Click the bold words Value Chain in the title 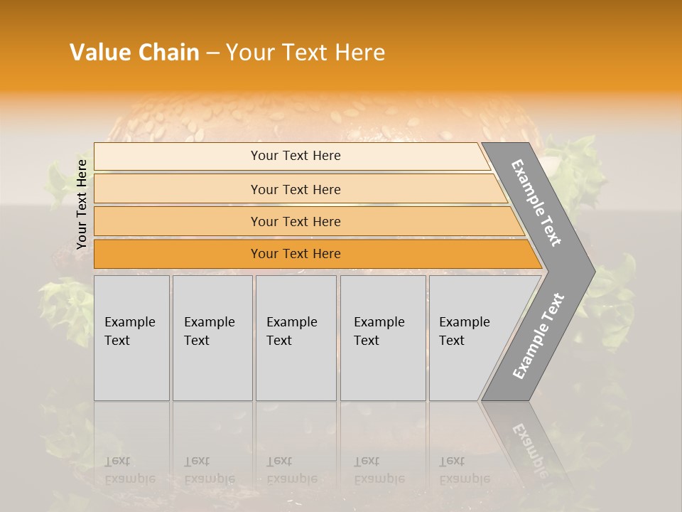click(134, 53)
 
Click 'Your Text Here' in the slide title click(305, 53)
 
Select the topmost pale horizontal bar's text click(296, 156)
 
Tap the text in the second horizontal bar click(296, 190)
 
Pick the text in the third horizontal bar click(296, 222)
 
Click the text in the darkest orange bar click(296, 254)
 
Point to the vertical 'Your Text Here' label click(82, 204)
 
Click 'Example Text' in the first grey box click(129, 331)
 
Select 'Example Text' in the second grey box click(209, 331)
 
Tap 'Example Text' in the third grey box click(291, 331)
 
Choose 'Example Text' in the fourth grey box click(379, 331)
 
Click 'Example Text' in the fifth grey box click(464, 331)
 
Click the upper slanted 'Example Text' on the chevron click(536, 203)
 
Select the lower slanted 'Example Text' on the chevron click(538, 336)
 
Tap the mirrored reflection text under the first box click(129, 470)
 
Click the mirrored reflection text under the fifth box click(464, 470)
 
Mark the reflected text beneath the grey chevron click(529, 448)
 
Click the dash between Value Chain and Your click(212, 53)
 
